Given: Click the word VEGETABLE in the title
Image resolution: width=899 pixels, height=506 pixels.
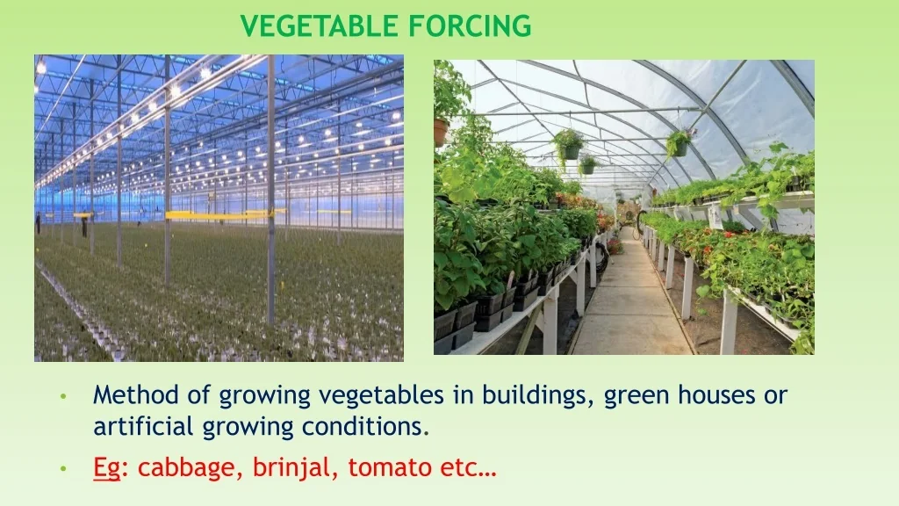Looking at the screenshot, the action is pyautogui.click(x=320, y=25).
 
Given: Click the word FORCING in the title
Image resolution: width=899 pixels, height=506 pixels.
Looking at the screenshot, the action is pyautogui.click(x=471, y=25).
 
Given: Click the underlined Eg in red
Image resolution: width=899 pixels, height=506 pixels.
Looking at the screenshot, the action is pyautogui.click(x=107, y=468).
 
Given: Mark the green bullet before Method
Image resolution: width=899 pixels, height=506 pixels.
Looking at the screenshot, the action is pyautogui.click(x=63, y=396).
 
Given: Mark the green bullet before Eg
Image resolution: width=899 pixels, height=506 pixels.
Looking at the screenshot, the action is pyautogui.click(x=63, y=468).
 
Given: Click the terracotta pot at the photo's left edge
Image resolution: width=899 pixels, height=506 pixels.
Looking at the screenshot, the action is pyautogui.click(x=441, y=132).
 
